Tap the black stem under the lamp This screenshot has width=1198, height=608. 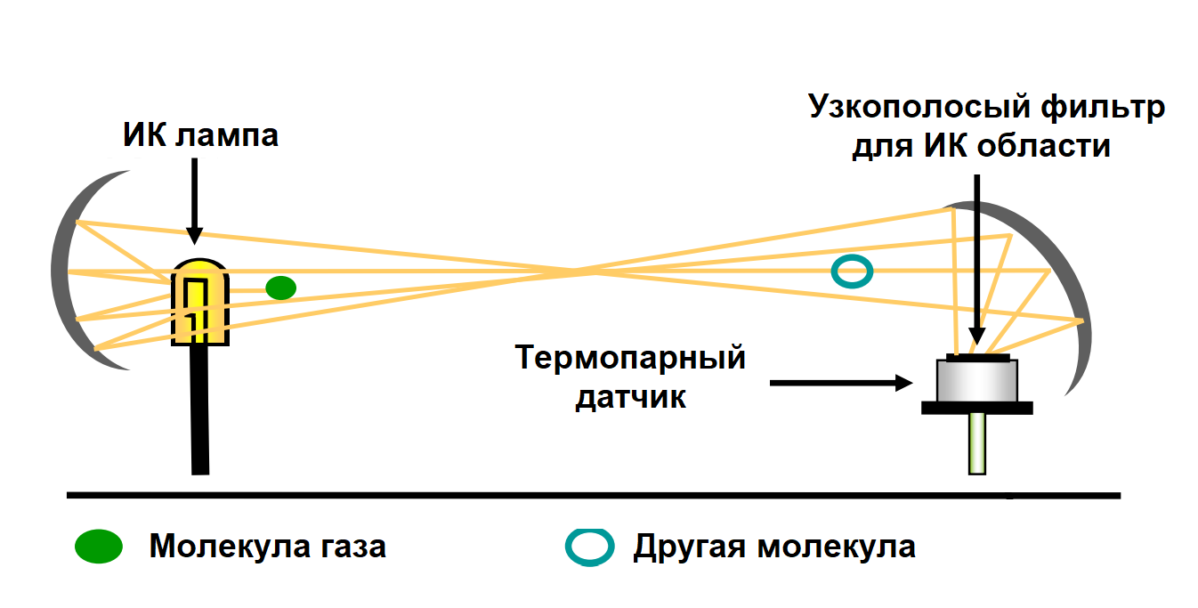(199, 409)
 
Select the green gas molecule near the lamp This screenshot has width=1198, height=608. (280, 287)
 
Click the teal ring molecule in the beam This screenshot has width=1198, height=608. (851, 271)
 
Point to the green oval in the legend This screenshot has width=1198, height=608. (98, 546)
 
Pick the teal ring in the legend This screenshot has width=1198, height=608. (589, 547)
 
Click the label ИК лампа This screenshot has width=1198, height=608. (200, 135)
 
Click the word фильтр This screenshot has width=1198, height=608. (1094, 108)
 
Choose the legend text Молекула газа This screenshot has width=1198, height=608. (267, 545)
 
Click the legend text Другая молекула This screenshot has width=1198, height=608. (773, 546)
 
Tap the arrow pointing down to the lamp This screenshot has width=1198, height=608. (195, 200)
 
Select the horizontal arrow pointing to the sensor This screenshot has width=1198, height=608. (841, 383)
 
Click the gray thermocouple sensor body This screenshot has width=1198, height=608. (976, 381)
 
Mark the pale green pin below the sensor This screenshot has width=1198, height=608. (977, 442)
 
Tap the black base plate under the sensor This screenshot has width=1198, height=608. (976, 408)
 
